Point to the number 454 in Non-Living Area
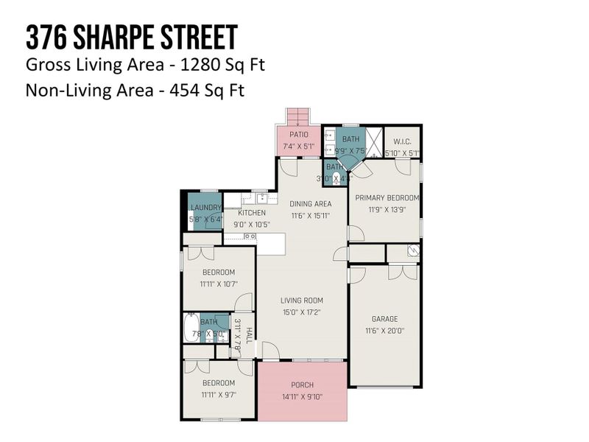click(x=171, y=91)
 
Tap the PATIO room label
click(x=298, y=135)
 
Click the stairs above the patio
click(x=298, y=117)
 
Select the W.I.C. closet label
click(x=402, y=141)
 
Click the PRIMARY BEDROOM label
click(x=387, y=197)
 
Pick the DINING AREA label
click(x=310, y=203)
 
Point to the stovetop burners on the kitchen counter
click(x=250, y=236)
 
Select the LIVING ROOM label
click(x=301, y=300)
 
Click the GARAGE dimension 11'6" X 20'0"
click(x=384, y=331)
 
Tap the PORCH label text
click(x=302, y=385)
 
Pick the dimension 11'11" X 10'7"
click(x=218, y=283)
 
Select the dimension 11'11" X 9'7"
click(x=218, y=395)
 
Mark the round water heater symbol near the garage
click(x=414, y=250)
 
